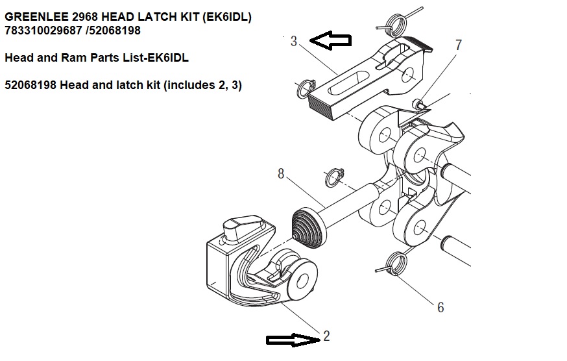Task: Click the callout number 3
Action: (294, 41)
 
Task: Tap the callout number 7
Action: (459, 45)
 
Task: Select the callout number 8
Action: (281, 174)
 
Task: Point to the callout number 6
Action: (440, 307)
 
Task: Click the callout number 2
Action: (326, 336)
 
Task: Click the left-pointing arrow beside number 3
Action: (330, 41)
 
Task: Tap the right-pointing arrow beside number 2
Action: (290, 339)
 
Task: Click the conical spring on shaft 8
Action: (309, 227)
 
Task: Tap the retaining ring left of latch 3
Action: (306, 89)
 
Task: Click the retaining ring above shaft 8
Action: (333, 176)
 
